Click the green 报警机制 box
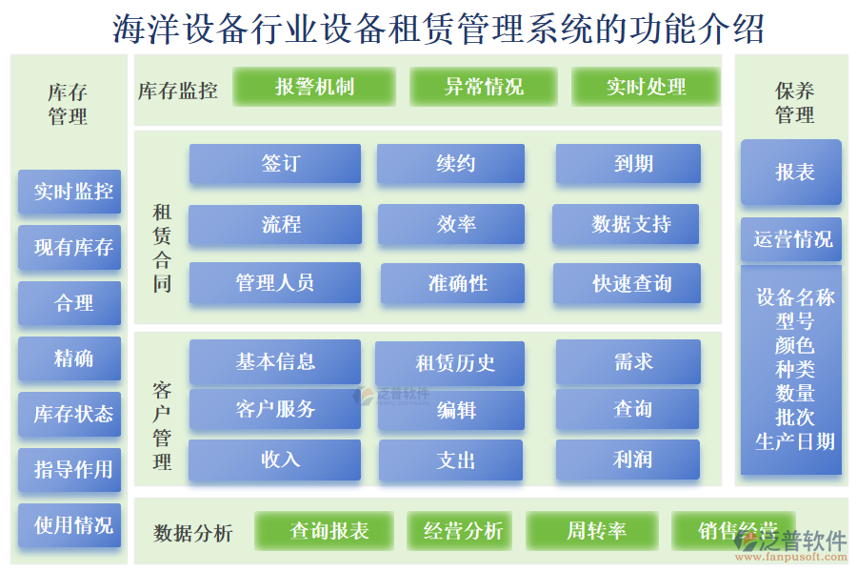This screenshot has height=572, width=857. (314, 87)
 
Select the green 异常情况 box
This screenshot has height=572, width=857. (483, 87)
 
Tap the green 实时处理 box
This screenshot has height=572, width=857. (646, 87)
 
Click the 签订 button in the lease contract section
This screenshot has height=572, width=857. (275, 164)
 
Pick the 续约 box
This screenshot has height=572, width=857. (451, 164)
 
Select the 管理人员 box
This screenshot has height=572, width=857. (275, 283)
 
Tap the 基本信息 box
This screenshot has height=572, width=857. (275, 362)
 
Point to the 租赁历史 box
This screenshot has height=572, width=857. (451, 363)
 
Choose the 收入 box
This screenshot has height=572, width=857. (275, 460)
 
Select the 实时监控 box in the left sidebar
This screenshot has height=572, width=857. (70, 192)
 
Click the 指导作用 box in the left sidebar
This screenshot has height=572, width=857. (70, 469)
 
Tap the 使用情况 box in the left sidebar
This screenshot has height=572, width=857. (70, 524)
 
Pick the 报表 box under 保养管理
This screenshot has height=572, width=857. (791, 173)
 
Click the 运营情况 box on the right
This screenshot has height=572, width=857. (791, 239)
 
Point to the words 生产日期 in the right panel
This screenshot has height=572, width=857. (794, 441)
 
